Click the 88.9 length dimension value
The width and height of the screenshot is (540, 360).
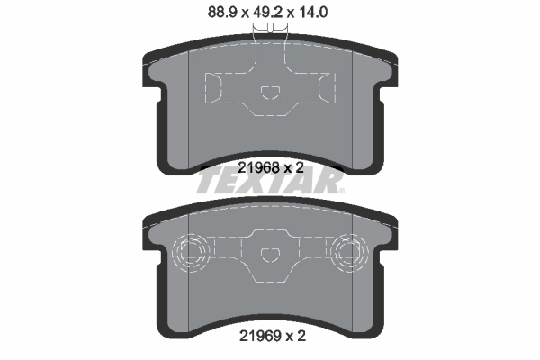click(x=222, y=13)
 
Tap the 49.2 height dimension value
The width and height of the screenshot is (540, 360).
click(x=267, y=13)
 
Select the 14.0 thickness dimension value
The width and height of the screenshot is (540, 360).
click(x=312, y=13)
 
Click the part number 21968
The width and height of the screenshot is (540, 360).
click(x=258, y=167)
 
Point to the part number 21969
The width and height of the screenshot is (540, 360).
click(x=260, y=336)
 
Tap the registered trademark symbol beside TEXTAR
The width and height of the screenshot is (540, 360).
click(x=341, y=191)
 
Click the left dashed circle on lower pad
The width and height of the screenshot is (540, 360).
click(x=191, y=253)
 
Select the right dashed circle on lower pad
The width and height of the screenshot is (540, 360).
click(x=349, y=253)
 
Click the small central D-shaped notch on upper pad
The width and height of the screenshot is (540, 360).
click(x=270, y=93)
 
